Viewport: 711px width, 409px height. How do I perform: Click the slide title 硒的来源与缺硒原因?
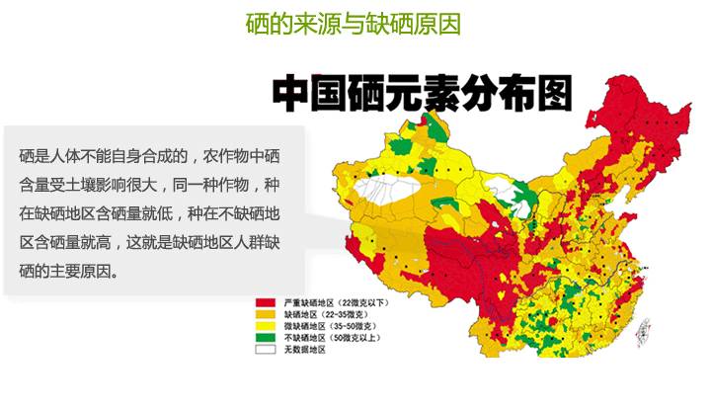(x=353, y=23)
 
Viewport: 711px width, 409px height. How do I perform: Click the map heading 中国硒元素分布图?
(x=422, y=94)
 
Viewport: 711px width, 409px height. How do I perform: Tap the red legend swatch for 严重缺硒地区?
(x=266, y=301)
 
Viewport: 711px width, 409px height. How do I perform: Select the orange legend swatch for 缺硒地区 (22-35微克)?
(x=266, y=313)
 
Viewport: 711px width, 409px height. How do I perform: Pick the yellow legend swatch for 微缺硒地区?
(x=266, y=325)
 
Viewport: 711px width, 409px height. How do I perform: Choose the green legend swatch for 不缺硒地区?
(x=266, y=337)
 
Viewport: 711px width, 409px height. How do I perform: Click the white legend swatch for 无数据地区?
(x=266, y=349)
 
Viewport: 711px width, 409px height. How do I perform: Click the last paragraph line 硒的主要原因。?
(x=69, y=270)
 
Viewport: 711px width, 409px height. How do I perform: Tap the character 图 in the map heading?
(x=553, y=94)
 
